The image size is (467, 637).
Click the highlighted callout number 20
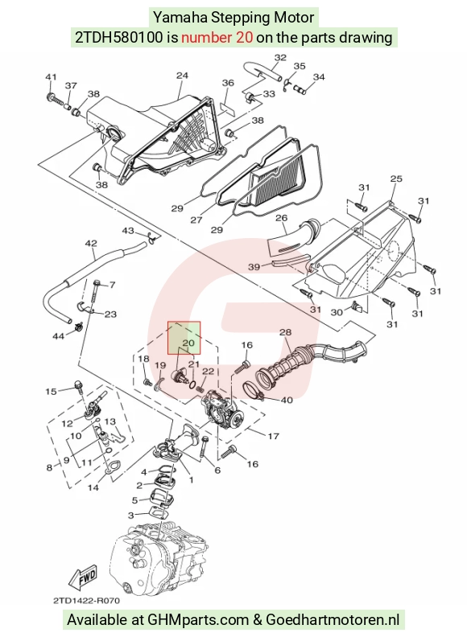pyautogui.click(x=188, y=343)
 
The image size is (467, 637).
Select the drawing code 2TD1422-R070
pyautogui.click(x=86, y=601)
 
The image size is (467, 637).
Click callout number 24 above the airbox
pyautogui.click(x=182, y=76)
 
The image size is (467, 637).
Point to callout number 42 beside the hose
pyautogui.click(x=91, y=244)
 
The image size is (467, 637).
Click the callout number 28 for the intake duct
pyautogui.click(x=286, y=332)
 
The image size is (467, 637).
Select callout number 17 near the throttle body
pyautogui.click(x=274, y=436)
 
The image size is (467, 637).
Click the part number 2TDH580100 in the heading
pyautogui.click(x=120, y=37)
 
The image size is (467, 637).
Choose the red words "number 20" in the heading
pyautogui.click(x=217, y=37)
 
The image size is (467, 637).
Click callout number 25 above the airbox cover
pyautogui.click(x=396, y=179)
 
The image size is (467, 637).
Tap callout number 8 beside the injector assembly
pyautogui.click(x=50, y=467)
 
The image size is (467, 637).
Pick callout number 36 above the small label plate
pyautogui.click(x=228, y=83)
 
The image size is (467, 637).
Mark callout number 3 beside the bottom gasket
pyautogui.click(x=131, y=516)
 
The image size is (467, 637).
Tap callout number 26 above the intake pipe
pyautogui.click(x=282, y=218)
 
